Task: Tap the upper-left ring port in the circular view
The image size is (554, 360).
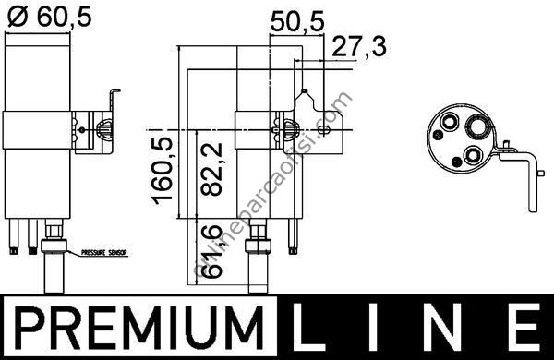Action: coord(452,121)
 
